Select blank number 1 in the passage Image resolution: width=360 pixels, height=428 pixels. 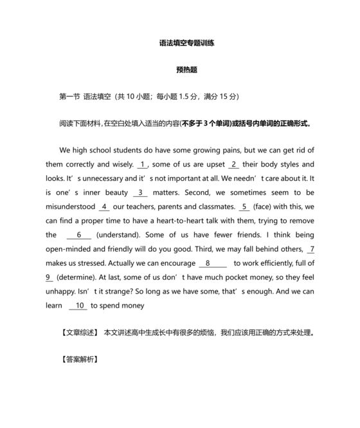pos(143,164)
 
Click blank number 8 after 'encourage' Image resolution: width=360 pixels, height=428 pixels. pos(208,263)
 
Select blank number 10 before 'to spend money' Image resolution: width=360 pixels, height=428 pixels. pos(79,306)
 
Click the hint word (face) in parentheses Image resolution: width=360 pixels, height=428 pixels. pos(265,207)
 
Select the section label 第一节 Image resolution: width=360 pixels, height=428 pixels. pos(69,97)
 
